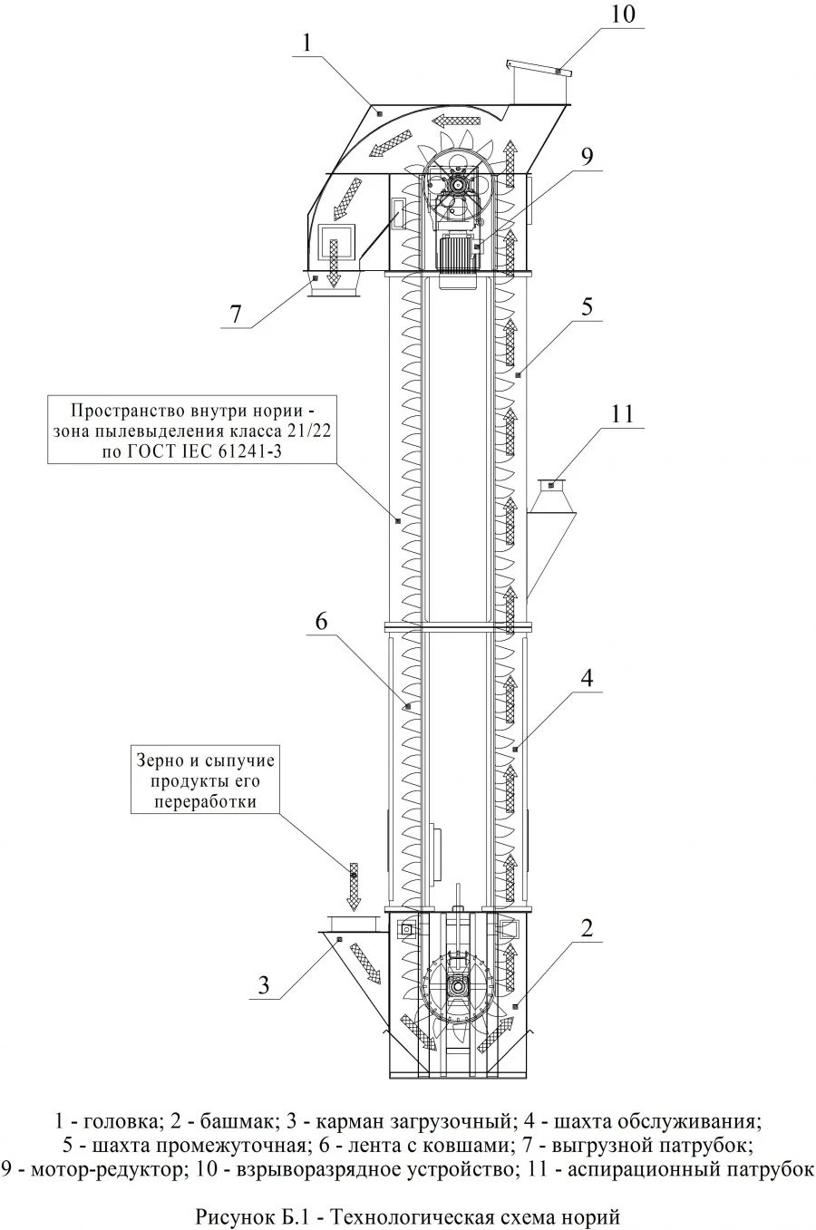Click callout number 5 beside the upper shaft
pyautogui.click(x=588, y=305)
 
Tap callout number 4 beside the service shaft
pyautogui.click(x=588, y=677)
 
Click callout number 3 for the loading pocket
pyautogui.click(x=264, y=984)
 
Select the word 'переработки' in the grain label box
pyautogui.click(x=205, y=801)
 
